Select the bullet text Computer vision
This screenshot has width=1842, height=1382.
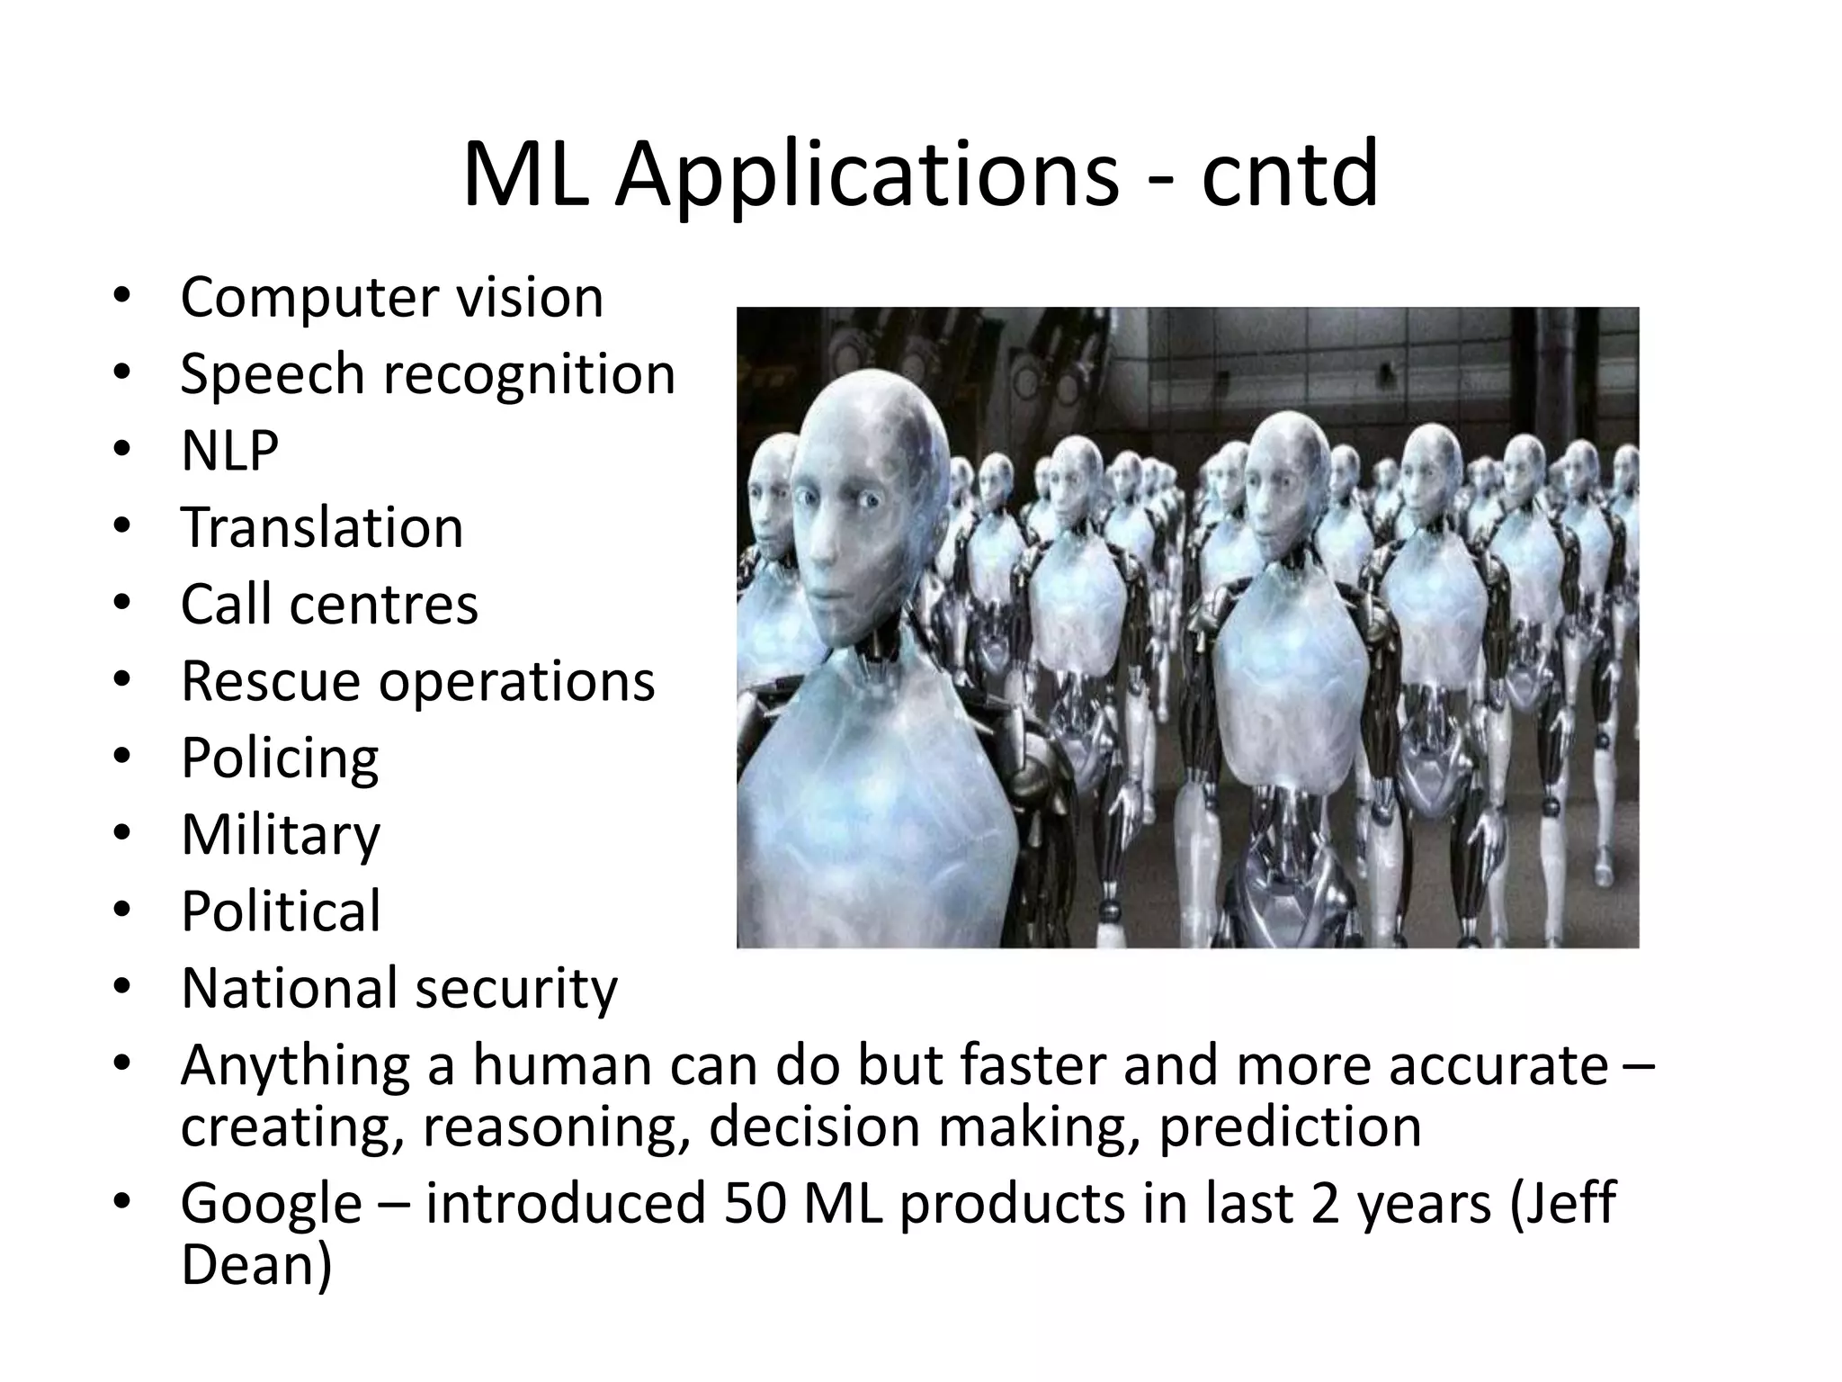391,297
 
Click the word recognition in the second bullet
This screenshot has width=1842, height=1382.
529,374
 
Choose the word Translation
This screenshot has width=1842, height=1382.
322,527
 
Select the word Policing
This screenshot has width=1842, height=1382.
280,758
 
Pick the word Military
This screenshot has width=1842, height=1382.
281,835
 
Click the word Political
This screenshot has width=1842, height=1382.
281,911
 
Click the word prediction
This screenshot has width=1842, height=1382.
1290,1126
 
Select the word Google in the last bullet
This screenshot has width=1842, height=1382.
271,1204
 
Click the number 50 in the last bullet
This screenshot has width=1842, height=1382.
756,1203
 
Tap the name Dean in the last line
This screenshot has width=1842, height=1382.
255,1263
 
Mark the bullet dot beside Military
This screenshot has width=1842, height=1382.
123,834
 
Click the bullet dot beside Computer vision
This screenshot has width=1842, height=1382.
123,297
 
